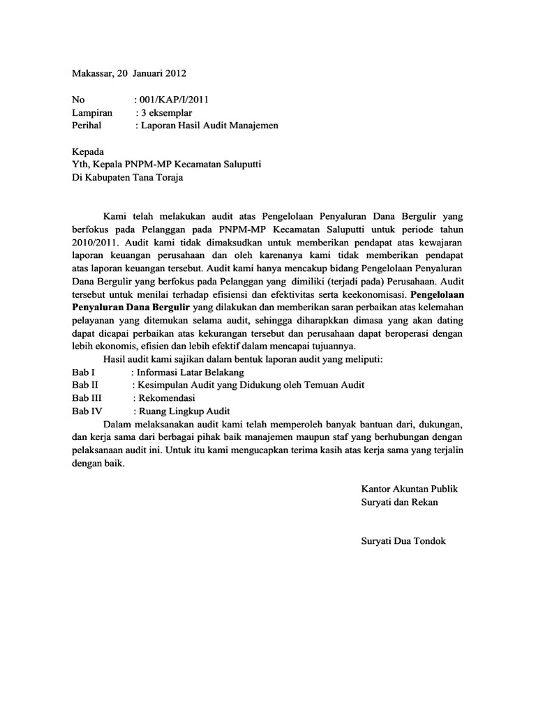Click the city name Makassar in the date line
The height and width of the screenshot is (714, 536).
(x=94, y=73)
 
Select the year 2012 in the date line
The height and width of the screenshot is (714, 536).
(x=174, y=73)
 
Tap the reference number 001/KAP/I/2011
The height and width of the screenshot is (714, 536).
(x=174, y=100)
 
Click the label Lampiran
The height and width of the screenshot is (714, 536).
(x=93, y=112)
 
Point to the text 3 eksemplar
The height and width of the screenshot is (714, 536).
(x=167, y=112)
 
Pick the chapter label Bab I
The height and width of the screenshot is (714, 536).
(x=83, y=372)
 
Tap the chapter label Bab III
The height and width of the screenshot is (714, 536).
(x=87, y=397)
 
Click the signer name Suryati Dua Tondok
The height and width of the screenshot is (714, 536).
(x=403, y=541)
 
